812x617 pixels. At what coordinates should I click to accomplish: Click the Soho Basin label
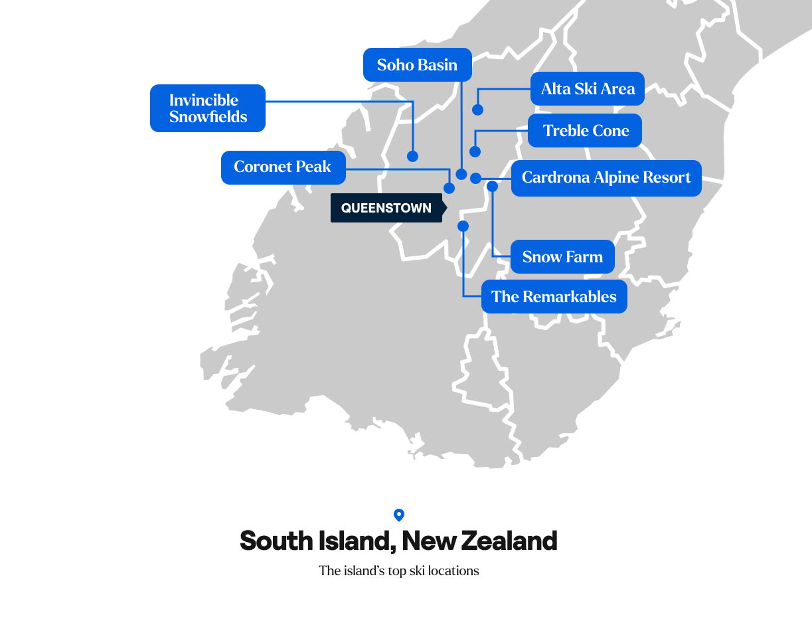[x=417, y=65]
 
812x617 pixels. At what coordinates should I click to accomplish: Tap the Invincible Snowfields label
[x=208, y=108]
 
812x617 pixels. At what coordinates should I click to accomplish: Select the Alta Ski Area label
[x=588, y=89]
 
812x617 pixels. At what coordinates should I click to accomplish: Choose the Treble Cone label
[x=585, y=131]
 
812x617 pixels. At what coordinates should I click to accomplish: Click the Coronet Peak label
[x=283, y=167]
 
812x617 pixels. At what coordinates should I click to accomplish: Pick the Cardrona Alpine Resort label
[x=606, y=178]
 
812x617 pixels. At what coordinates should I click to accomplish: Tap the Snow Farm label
[x=562, y=257]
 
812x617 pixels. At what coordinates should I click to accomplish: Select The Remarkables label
[x=554, y=297]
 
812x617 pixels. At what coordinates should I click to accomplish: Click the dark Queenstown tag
[x=386, y=208]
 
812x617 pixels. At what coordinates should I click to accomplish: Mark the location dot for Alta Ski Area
[x=477, y=110]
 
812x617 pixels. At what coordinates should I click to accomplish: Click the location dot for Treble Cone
[x=475, y=151]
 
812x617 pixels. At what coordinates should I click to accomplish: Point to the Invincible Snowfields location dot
[x=412, y=156]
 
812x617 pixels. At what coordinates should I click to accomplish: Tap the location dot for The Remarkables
[x=463, y=226]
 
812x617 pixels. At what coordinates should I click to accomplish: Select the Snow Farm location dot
[x=492, y=187]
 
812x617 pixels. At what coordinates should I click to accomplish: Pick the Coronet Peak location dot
[x=449, y=188]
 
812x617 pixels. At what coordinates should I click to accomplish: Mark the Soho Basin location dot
[x=461, y=174]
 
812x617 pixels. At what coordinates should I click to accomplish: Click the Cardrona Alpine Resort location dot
[x=475, y=178]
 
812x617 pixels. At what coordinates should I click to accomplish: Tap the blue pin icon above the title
[x=399, y=515]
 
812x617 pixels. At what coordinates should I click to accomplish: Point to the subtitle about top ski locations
[x=398, y=571]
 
